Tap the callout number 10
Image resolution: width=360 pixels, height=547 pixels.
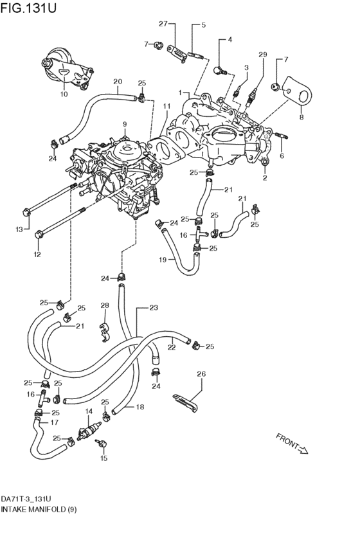(64, 94)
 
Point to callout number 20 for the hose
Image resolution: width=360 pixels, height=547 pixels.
(117, 82)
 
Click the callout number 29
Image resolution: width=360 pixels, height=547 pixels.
(262, 55)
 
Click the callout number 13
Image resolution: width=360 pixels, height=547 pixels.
(19, 229)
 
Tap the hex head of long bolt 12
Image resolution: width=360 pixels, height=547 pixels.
(39, 234)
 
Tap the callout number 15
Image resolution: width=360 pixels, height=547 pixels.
(104, 459)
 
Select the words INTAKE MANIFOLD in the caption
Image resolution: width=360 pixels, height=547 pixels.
(30, 508)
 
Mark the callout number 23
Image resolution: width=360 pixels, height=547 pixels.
(154, 309)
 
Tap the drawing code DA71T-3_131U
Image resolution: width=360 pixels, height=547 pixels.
(26, 498)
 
